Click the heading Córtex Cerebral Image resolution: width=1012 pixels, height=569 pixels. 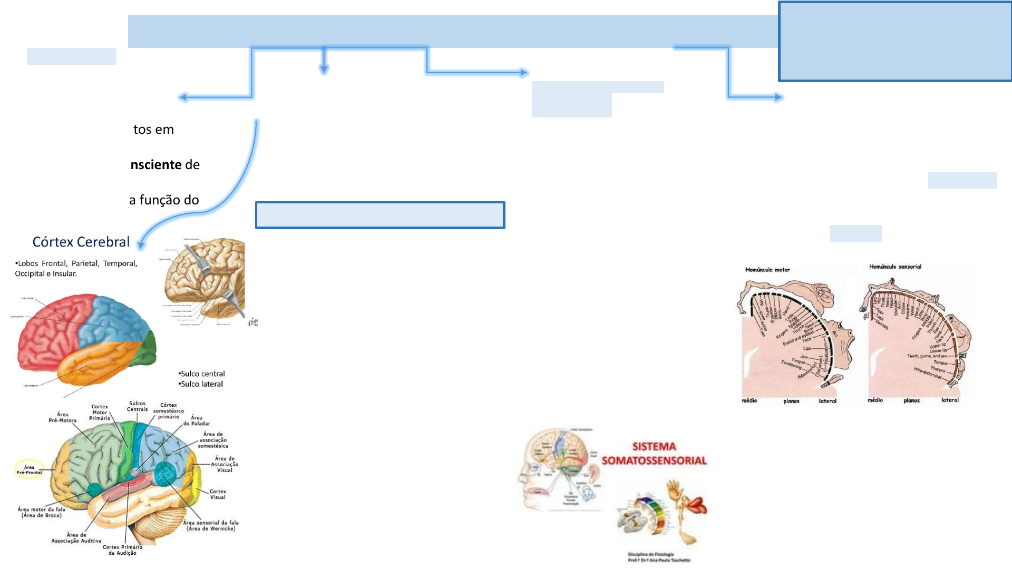(81, 242)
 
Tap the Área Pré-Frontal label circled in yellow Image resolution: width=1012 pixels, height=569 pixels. (29, 469)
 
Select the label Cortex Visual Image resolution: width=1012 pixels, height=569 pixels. (218, 494)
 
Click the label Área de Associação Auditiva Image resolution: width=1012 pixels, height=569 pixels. (76, 537)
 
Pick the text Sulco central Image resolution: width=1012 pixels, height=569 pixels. (202, 374)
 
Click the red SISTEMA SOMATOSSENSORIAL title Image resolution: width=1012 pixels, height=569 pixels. (654, 454)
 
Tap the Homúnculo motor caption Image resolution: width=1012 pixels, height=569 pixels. (767, 270)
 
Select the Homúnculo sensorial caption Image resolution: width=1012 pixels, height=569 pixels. (895, 267)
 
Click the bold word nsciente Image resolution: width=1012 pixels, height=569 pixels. (157, 165)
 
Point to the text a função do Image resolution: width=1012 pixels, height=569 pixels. (164, 200)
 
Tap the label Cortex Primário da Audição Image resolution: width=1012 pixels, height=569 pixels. (122, 550)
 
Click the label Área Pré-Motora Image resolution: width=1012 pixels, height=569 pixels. (63, 417)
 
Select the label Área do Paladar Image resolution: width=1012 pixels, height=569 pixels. (197, 420)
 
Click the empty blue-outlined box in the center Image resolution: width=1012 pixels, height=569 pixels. (380, 215)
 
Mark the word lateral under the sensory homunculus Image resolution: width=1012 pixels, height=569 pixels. (950, 400)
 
